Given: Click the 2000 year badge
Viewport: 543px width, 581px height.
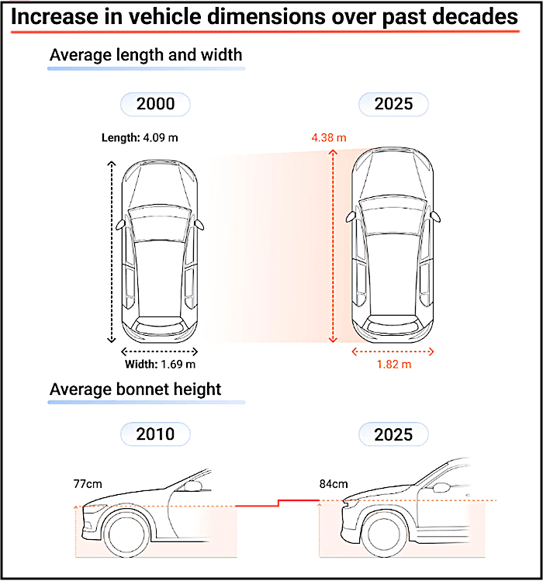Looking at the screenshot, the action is [155, 104].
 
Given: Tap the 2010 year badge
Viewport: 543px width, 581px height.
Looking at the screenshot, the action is [155, 434].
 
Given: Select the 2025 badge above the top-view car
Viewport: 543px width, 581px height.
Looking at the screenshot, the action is [393, 104].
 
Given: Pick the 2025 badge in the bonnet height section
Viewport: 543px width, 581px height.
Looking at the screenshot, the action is [393, 434].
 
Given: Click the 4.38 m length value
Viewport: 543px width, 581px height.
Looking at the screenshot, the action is [329, 138].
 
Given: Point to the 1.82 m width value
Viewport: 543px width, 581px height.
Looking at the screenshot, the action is [394, 365].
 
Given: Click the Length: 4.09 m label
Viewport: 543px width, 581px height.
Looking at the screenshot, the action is [140, 138].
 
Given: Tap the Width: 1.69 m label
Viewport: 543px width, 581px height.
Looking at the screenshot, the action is [160, 365].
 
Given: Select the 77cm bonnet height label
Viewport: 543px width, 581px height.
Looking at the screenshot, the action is [88, 484].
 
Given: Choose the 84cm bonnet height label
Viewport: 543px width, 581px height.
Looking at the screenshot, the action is [334, 484].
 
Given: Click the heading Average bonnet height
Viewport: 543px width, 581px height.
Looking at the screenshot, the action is [135, 389].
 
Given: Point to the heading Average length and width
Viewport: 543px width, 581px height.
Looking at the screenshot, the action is [146, 55].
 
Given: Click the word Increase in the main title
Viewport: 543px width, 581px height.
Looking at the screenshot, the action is [55, 17].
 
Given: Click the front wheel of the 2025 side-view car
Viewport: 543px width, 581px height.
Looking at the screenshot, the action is [383, 534].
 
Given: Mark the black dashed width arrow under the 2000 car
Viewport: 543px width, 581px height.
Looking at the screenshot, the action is [159, 351].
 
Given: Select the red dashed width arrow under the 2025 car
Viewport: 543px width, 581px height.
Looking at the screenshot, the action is [393, 351].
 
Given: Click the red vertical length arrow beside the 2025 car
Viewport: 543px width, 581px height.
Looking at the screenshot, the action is [333, 246].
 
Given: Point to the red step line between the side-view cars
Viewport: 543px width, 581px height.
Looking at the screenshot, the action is [278, 503].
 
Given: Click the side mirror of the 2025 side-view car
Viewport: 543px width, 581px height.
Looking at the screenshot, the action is [441, 488].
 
